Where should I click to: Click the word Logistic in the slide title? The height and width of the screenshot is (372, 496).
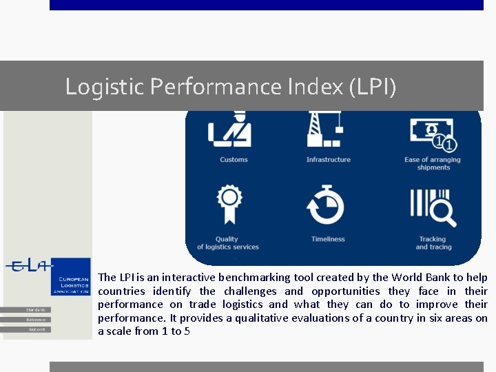[x=105, y=87]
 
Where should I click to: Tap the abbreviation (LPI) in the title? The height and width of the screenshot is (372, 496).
[x=373, y=87]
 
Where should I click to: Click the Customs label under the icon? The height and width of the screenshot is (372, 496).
[x=234, y=160]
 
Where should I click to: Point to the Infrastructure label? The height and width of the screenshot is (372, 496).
[x=329, y=160]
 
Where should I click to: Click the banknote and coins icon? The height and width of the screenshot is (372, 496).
[x=433, y=133]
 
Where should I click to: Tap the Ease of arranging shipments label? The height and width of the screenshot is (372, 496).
[x=433, y=163]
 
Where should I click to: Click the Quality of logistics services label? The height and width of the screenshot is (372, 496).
[x=227, y=243]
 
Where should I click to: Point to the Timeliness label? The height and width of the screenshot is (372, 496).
[x=328, y=239]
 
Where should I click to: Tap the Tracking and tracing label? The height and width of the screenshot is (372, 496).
[x=433, y=243]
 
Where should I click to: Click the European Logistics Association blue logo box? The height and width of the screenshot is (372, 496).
[x=72, y=277]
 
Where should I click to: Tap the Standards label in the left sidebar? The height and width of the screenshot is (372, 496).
[x=37, y=310]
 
